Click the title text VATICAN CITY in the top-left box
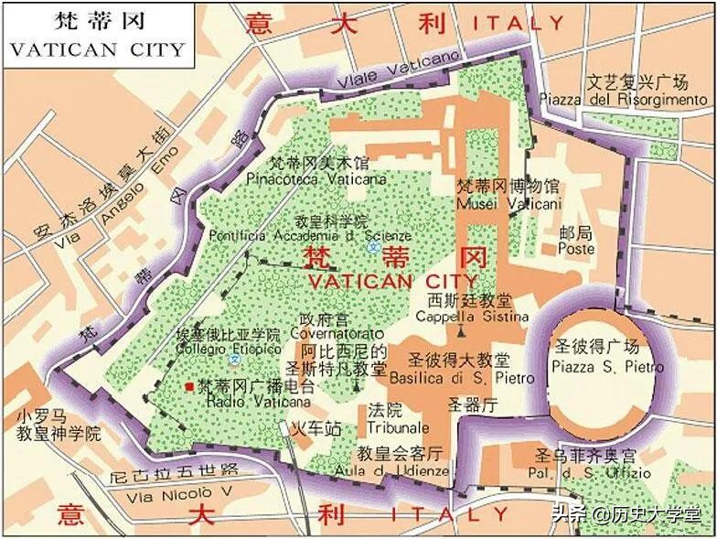click(98, 49)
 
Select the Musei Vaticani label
click(508, 203)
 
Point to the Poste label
click(576, 249)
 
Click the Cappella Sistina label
click(465, 317)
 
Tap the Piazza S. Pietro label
click(599, 366)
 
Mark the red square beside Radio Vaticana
click(189, 387)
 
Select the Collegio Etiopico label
click(230, 349)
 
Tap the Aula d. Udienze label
click(402, 470)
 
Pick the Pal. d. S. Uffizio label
click(591, 473)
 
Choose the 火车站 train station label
click(316, 428)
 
